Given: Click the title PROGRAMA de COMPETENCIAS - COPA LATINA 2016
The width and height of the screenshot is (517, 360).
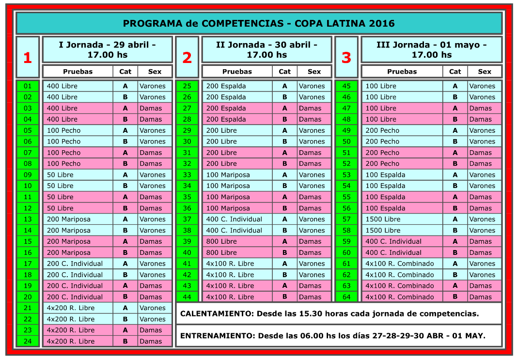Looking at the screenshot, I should pyautogui.click(x=259, y=23).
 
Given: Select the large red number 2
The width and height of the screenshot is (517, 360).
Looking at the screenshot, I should pyautogui.click(x=187, y=58).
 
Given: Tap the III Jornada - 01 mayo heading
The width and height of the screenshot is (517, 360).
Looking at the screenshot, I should pyautogui.click(x=431, y=49).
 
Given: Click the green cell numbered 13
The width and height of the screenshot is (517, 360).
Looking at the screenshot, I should pyautogui.click(x=28, y=219).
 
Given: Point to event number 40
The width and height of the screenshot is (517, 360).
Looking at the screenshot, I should pyautogui.click(x=187, y=252).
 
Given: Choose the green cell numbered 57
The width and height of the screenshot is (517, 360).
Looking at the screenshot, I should pyautogui.click(x=346, y=219).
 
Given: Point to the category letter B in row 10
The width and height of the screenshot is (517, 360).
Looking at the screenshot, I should pyautogui.click(x=125, y=186).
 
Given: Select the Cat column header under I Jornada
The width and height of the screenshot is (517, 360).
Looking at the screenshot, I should pyautogui.click(x=125, y=71).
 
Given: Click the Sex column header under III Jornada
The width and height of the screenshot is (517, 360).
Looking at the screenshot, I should pyautogui.click(x=485, y=71).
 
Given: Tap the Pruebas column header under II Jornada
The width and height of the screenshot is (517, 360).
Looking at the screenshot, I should pyautogui.click(x=237, y=71).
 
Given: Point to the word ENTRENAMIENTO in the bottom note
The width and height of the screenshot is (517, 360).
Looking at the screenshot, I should pyautogui.click(x=217, y=336).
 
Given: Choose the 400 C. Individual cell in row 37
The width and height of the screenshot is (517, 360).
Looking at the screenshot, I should pyautogui.click(x=234, y=219).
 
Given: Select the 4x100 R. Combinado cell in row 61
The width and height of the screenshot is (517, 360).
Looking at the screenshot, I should pyautogui.click(x=399, y=264).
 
